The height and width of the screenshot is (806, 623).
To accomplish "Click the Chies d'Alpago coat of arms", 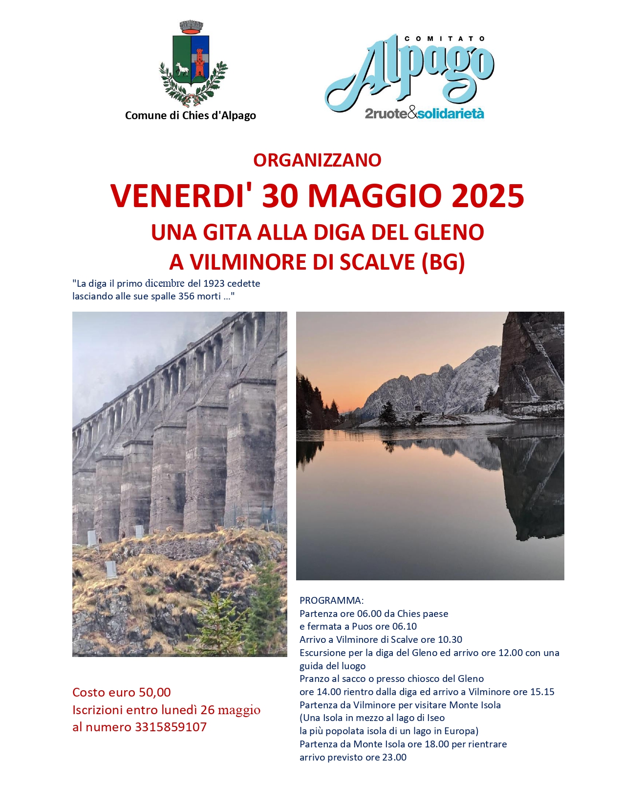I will [x=193, y=64].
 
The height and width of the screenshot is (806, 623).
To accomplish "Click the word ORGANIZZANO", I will [x=317, y=160].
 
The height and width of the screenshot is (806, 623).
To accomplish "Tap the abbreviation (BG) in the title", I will [x=443, y=262].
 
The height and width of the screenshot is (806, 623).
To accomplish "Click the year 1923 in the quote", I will [x=214, y=283].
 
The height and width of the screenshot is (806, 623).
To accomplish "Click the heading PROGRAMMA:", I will [x=331, y=600].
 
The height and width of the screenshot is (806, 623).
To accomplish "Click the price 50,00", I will [x=155, y=692].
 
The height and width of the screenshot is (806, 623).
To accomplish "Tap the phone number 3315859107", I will [x=171, y=727].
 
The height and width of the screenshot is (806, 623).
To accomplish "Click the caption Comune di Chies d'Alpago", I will [x=191, y=116].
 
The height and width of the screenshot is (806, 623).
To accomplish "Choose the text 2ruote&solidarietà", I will [x=424, y=114].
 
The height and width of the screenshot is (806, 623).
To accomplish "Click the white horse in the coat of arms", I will [x=182, y=69].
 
